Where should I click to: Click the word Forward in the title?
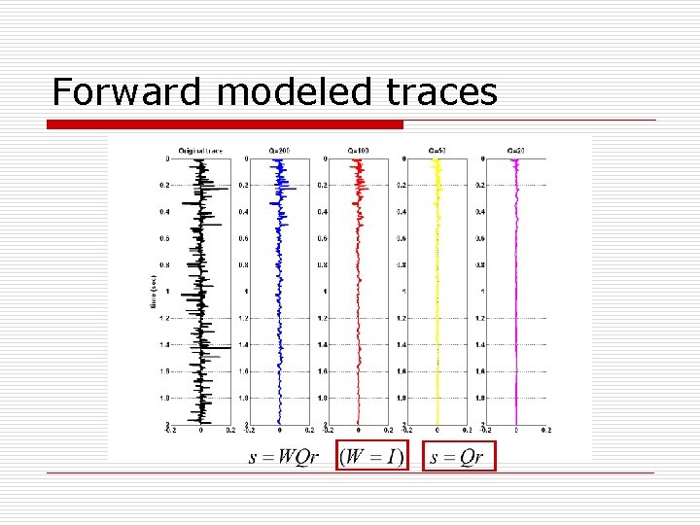(x=125, y=91)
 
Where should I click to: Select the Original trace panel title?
(x=200, y=151)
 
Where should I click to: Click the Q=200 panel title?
(x=279, y=151)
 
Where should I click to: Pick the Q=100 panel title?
(x=358, y=151)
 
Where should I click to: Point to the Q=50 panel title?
(x=437, y=151)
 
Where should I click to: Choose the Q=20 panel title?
(x=516, y=151)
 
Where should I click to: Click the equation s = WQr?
(x=284, y=457)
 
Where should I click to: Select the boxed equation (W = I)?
(x=370, y=456)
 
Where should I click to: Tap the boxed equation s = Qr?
(x=458, y=456)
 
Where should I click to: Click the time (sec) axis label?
(x=154, y=292)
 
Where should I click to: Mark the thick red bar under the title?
(x=226, y=124)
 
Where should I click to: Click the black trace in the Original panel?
(x=201, y=292)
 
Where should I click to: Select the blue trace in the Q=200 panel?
(x=280, y=292)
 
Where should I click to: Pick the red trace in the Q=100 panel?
(x=359, y=292)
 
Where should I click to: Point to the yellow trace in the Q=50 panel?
(x=437, y=292)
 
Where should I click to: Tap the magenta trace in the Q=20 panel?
(x=516, y=292)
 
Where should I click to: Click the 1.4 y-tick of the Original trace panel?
(x=164, y=345)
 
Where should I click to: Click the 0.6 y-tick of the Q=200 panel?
(x=243, y=239)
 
